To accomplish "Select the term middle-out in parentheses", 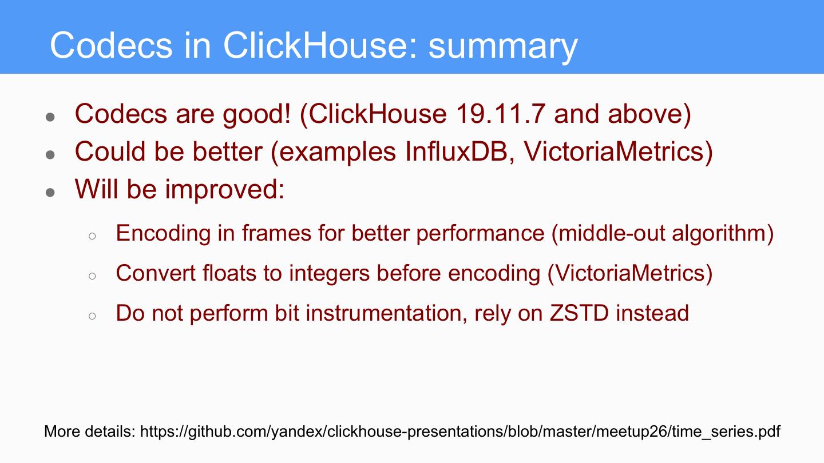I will click(611, 233).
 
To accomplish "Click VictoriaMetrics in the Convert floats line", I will click(630, 273).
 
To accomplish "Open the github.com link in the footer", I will click(460, 432).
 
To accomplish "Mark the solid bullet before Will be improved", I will click(50, 192).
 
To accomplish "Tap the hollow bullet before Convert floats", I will click(92, 276).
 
